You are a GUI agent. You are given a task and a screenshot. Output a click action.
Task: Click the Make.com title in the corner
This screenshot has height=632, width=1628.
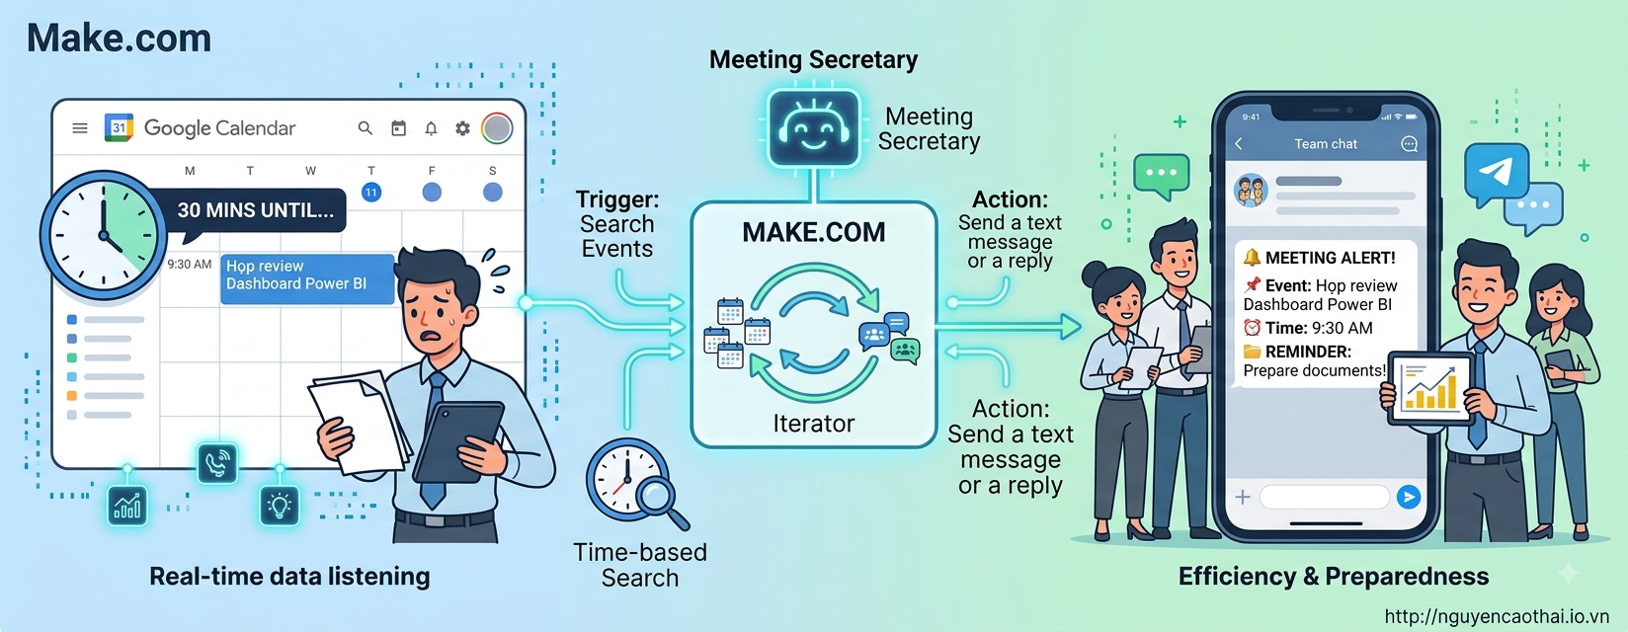120,38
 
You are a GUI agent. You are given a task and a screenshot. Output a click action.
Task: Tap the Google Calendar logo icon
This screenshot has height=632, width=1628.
119,127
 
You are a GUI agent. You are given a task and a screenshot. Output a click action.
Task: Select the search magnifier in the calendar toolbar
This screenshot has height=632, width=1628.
365,128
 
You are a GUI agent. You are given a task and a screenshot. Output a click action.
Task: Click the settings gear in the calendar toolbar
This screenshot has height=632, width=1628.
462,128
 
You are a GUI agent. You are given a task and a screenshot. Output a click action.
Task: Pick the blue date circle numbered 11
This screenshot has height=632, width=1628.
371,193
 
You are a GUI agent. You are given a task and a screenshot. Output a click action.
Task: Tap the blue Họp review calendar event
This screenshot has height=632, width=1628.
306,278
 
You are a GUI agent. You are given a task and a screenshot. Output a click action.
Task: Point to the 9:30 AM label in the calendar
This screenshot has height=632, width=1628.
189,264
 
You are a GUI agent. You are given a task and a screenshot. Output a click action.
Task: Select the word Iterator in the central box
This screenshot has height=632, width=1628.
813,423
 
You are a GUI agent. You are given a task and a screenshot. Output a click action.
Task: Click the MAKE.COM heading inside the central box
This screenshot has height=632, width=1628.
813,232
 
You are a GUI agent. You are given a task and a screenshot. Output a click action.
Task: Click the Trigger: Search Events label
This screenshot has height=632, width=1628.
617,224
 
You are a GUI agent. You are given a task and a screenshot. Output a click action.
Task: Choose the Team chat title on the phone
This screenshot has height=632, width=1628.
1326,144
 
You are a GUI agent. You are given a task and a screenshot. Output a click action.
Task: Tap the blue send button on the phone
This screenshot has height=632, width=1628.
1409,497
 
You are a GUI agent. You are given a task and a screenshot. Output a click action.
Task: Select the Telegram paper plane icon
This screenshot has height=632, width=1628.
1497,173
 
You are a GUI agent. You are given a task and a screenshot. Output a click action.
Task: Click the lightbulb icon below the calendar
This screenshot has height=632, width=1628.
280,505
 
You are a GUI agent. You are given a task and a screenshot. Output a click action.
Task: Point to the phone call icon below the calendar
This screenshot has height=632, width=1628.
217,463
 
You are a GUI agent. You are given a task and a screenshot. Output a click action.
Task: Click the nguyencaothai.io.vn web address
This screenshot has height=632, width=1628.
1497,616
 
